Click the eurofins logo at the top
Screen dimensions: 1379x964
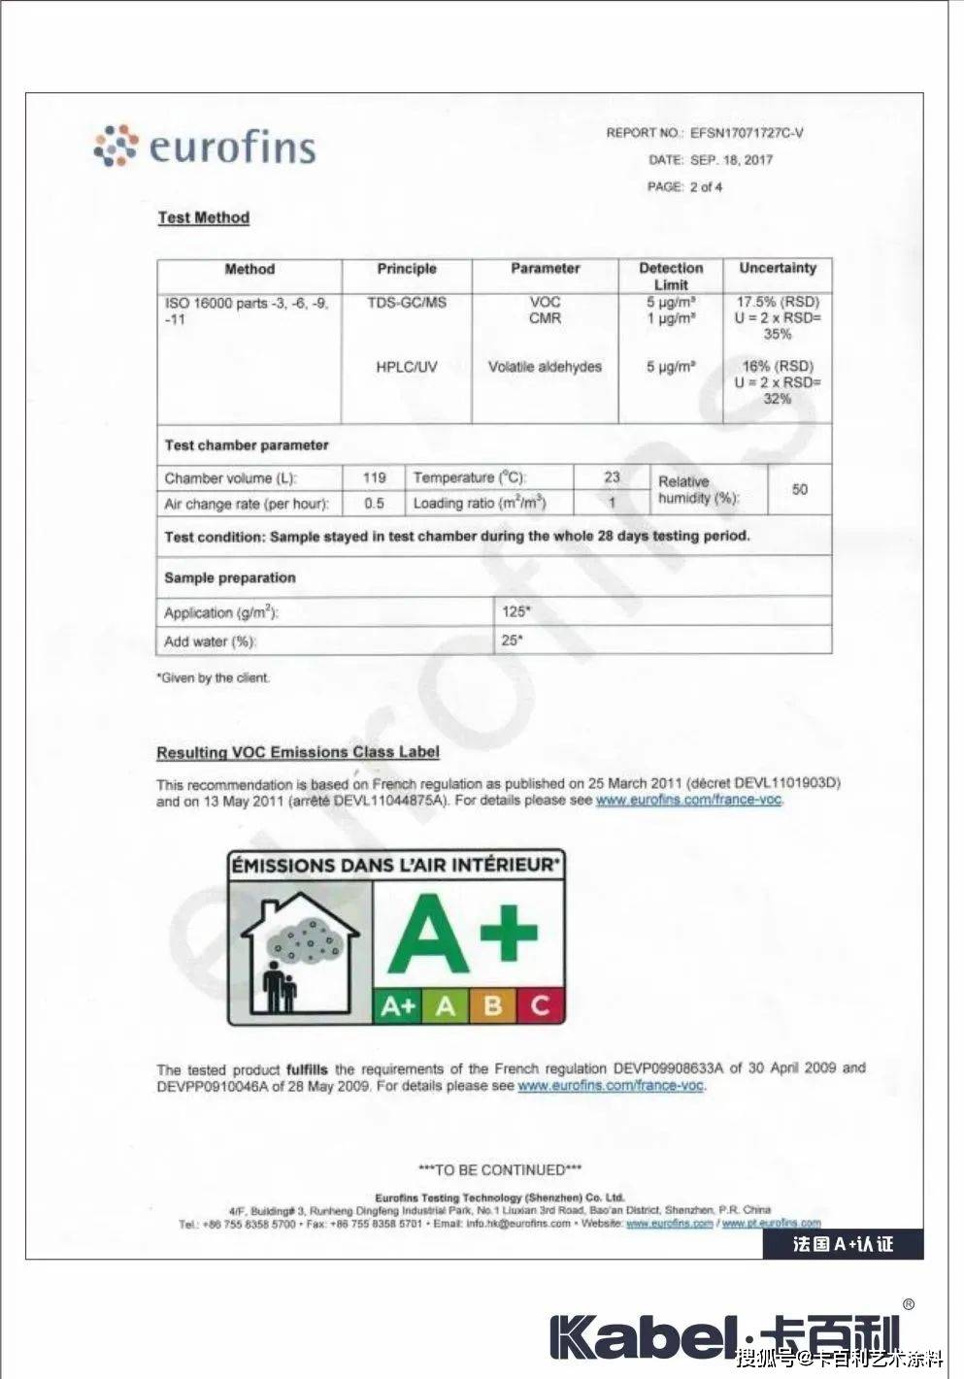[206, 146]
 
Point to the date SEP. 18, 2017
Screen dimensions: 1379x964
[731, 160]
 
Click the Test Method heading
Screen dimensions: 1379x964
[204, 217]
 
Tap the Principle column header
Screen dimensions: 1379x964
[407, 269]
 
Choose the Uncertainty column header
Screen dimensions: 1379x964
[778, 268]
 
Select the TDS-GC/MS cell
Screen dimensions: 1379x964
[407, 303]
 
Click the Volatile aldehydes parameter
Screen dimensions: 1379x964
[545, 367]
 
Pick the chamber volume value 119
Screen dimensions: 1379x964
[374, 477]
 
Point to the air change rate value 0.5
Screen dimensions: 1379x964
[374, 504]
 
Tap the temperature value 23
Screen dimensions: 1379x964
[612, 476]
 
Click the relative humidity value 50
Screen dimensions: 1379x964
[799, 489]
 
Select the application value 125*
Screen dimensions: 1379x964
[516, 611]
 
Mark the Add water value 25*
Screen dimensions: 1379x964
[513, 640]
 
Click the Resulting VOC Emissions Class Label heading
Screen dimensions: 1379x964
[298, 752]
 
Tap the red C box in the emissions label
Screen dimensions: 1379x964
[541, 1005]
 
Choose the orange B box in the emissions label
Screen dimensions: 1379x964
[493, 1005]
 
